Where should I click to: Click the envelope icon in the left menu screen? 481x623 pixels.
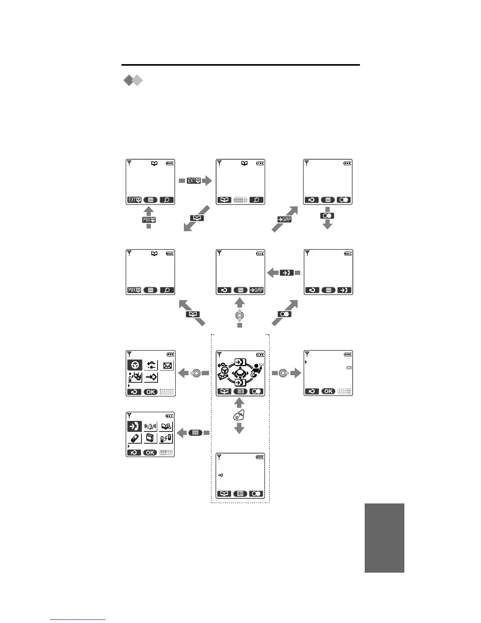[167, 365]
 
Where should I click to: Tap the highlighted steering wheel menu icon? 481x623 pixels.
[135, 365]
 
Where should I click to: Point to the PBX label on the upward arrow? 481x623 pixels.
[149, 219]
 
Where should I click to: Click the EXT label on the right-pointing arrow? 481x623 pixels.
[194, 181]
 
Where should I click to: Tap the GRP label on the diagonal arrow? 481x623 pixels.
[285, 219]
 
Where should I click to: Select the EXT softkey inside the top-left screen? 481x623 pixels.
[134, 200]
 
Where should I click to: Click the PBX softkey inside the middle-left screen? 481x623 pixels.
[134, 290]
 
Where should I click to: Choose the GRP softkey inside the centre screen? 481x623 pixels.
[257, 290]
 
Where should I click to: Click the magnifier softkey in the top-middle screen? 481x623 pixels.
[257, 200]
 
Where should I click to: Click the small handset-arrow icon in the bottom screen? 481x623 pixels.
[220, 476]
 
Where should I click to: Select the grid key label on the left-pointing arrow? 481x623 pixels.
[195, 433]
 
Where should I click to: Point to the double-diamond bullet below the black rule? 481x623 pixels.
[133, 81]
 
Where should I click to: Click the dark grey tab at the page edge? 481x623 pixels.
[384, 538]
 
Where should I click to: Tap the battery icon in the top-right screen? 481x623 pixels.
[347, 163]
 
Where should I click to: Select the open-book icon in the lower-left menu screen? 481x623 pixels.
[166, 426]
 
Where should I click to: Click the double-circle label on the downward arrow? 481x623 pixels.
[328, 216]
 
